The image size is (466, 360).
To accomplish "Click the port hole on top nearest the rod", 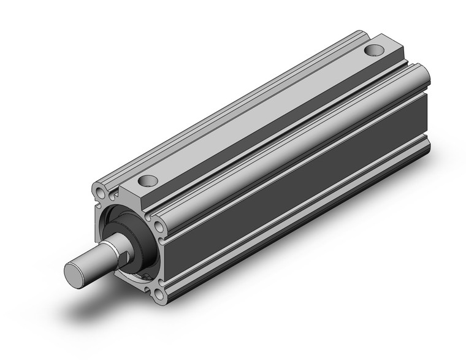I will point(147,181).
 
